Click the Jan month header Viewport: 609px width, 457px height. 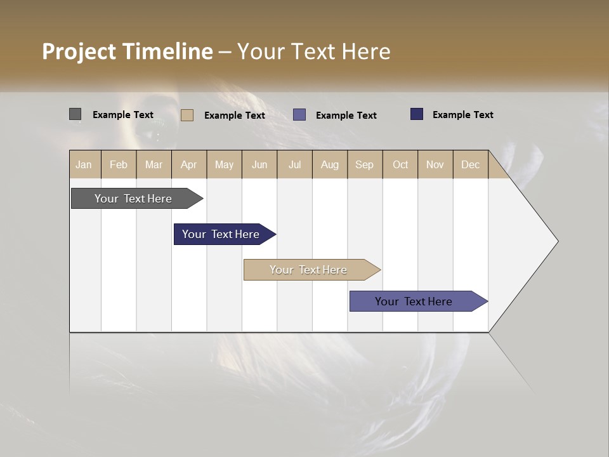click(84, 164)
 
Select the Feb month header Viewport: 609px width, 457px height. click(119, 164)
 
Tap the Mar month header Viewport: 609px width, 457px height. click(154, 164)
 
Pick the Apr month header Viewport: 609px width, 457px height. click(189, 164)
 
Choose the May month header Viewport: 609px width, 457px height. click(224, 164)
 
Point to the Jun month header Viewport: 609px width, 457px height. click(259, 164)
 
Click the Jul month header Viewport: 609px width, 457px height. click(294, 164)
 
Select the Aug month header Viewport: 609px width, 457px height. click(330, 164)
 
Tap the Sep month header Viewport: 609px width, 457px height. click(365, 164)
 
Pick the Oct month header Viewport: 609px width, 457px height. click(400, 164)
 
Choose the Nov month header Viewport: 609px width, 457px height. click(435, 164)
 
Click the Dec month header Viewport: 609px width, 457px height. click(471, 164)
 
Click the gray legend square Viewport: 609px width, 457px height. click(75, 114)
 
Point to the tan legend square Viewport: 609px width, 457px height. click(187, 115)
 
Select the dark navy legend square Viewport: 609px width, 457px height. click(417, 114)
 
